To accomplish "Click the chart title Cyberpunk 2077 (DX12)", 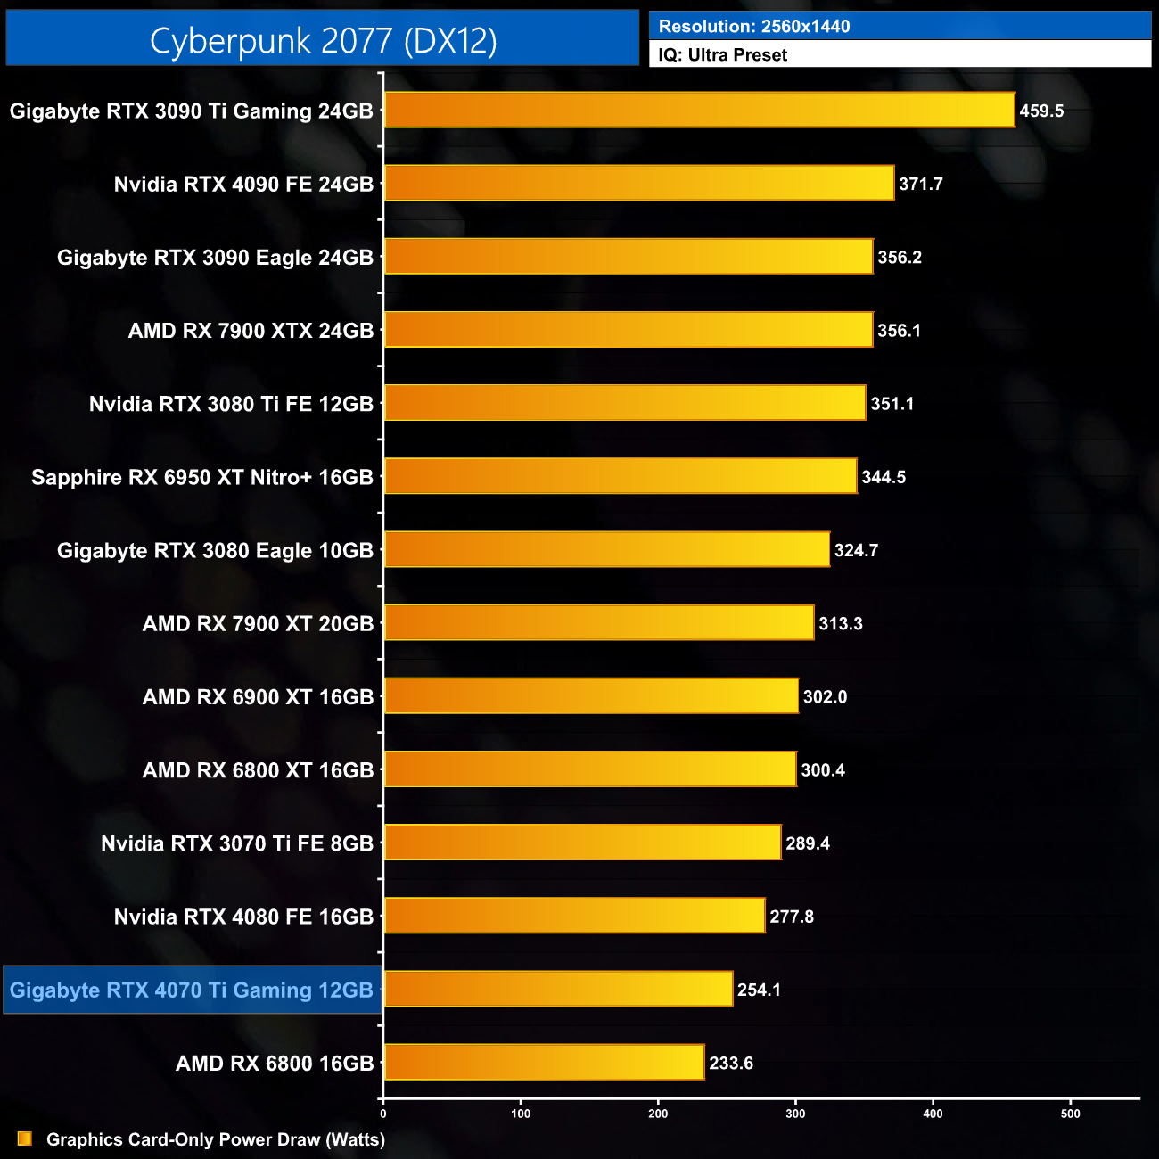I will (323, 41).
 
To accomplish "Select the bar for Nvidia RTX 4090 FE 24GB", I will (638, 184).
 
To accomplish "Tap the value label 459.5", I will (1041, 111).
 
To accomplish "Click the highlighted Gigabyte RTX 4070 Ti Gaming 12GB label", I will (192, 990).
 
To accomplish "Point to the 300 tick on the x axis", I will (795, 1114).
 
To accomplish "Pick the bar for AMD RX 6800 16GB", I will (544, 1063).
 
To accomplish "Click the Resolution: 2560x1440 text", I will (754, 27).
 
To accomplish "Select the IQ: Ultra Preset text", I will (723, 55).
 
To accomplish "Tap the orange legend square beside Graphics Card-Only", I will (25, 1139).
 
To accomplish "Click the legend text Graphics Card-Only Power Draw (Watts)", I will (216, 1139).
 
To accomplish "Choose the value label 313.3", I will (841, 624).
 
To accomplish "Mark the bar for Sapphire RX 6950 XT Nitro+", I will (621, 477).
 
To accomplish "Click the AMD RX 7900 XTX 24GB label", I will (251, 331).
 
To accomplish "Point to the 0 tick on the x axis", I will (383, 1114).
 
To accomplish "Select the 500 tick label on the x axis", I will (1071, 1114).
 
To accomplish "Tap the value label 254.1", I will (759, 990).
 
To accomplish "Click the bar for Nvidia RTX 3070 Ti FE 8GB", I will (582, 843).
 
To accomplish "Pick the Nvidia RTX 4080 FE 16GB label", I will (243, 917).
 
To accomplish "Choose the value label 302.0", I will (825, 697).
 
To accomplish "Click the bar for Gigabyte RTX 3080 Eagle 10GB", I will (606, 550).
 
